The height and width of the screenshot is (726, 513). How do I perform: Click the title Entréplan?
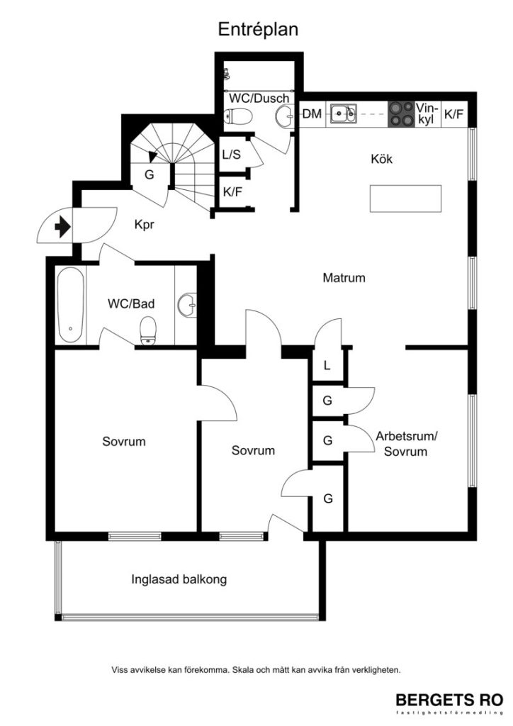click(x=257, y=29)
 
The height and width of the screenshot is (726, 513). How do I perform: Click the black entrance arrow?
click(x=62, y=227)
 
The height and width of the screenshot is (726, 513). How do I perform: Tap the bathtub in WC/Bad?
click(x=71, y=305)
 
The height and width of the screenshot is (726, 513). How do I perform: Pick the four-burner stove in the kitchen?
click(x=401, y=114)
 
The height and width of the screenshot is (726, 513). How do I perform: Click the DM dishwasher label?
click(x=312, y=114)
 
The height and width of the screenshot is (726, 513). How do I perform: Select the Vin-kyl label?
click(x=426, y=114)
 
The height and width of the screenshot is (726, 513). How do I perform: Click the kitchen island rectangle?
click(x=405, y=198)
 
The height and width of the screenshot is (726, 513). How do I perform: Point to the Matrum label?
click(x=344, y=278)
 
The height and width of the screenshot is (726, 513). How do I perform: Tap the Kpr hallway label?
click(x=145, y=225)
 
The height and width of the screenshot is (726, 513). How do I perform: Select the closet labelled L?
click(x=327, y=366)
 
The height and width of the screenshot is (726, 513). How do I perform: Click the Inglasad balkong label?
click(x=179, y=579)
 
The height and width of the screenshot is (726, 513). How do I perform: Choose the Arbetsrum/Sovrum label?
click(x=406, y=444)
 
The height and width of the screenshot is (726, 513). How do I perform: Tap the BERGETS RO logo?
click(x=449, y=698)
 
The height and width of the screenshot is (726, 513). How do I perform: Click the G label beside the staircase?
click(x=150, y=174)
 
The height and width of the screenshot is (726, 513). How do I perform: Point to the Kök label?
click(x=381, y=159)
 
